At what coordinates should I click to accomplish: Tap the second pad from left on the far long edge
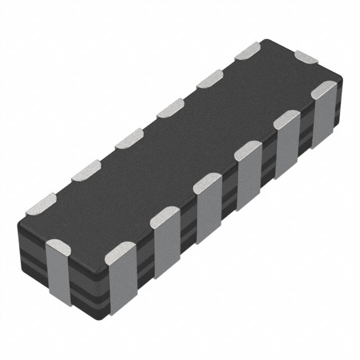[84, 170]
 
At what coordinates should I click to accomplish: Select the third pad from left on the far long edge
[128, 140]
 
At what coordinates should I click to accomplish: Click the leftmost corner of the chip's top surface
[25, 214]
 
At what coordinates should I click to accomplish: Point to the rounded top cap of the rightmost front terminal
[324, 90]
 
